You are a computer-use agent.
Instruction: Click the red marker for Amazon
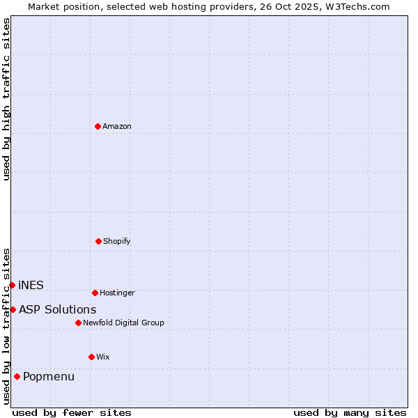pos(98,126)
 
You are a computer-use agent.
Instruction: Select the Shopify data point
pos(98,241)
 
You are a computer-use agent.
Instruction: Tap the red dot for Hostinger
pos(95,293)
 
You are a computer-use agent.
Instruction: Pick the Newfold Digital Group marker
pos(78,323)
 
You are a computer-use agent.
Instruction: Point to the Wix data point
pos(91,357)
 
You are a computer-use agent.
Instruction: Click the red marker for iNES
pos(12,285)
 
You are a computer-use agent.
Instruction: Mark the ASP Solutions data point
pos(13,309)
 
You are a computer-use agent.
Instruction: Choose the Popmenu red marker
pos(17,376)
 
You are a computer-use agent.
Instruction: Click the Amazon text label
pos(117,126)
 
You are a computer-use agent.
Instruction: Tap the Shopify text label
pos(117,241)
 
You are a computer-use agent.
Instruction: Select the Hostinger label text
pos(117,293)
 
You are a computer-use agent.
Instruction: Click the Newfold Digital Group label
pos(123,323)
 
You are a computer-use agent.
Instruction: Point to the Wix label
pos(103,357)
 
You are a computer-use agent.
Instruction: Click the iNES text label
pos(31,285)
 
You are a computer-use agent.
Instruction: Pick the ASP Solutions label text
pos(58,309)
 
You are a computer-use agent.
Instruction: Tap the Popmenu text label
pos(49,377)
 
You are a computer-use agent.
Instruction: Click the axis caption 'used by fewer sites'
pos(72,412)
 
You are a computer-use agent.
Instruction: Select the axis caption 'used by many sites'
pos(350,412)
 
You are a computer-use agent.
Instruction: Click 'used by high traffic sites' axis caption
pos(6,99)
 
